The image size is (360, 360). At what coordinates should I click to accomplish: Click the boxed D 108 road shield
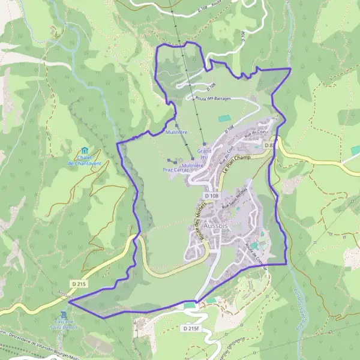(x=211, y=196)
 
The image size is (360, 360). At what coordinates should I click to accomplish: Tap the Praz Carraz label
(x=176, y=170)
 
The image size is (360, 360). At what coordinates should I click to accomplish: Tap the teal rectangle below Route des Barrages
(x=224, y=118)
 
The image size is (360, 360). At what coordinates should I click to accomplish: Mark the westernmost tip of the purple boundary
(x=68, y=302)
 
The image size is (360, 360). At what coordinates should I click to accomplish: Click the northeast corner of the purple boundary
(x=291, y=69)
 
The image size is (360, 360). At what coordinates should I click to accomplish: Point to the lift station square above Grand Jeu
(x=205, y=144)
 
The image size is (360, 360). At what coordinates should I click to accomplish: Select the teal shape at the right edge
(x=355, y=149)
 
